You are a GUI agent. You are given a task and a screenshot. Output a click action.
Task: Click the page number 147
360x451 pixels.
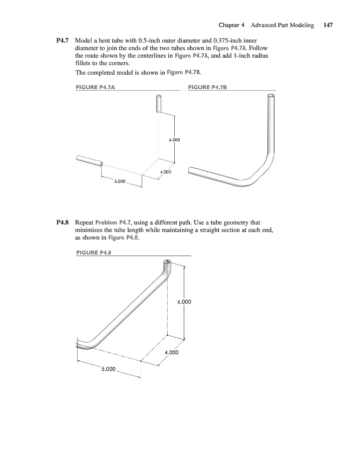(x=328, y=25)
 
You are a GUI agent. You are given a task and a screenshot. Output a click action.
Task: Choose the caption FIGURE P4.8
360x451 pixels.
(x=93, y=253)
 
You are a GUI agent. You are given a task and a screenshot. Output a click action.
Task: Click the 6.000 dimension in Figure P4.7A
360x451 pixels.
(x=174, y=140)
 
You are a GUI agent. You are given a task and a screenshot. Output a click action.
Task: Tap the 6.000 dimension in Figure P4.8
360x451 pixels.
(x=184, y=302)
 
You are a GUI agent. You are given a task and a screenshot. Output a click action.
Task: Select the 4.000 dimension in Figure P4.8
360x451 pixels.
(x=171, y=352)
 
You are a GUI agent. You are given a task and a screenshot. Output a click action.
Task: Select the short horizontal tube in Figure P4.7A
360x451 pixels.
(x=89, y=160)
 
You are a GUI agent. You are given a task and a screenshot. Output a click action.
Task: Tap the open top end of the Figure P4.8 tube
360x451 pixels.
(x=167, y=262)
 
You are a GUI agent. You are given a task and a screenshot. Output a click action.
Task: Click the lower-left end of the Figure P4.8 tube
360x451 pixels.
(x=79, y=344)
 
